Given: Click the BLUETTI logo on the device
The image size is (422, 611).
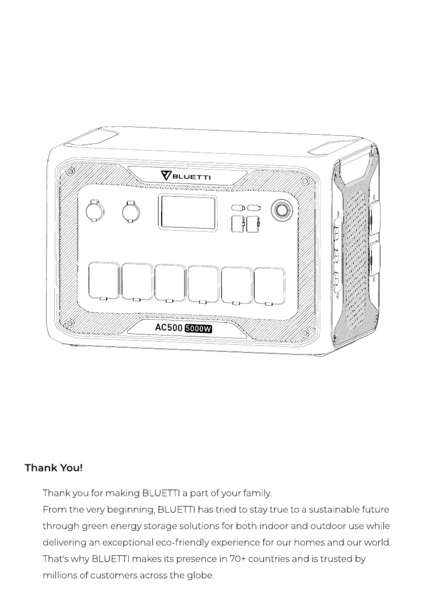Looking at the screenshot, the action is (x=185, y=176).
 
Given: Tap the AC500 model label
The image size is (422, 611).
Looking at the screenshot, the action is (x=168, y=327).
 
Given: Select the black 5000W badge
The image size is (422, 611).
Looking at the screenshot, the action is (x=198, y=329).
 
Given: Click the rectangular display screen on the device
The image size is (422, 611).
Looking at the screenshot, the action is (x=188, y=213).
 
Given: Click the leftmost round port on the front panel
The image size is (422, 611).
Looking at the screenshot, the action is (x=95, y=211).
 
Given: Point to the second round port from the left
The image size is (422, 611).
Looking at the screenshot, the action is (x=131, y=212).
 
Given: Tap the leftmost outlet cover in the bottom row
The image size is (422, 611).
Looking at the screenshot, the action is (x=104, y=281).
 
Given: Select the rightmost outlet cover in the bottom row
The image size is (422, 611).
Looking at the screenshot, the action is (x=270, y=286).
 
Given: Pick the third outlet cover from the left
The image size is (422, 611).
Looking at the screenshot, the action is (x=170, y=283).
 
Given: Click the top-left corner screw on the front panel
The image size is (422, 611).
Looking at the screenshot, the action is (x=70, y=171).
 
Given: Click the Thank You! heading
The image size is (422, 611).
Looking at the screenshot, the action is (x=54, y=468).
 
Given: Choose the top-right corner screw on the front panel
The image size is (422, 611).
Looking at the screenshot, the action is (x=305, y=181).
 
